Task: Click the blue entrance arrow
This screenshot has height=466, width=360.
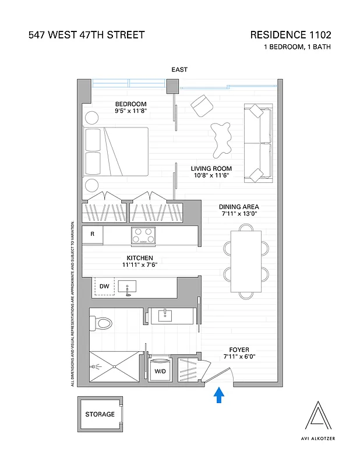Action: click(x=219, y=396)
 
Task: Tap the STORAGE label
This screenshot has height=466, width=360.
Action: click(x=100, y=415)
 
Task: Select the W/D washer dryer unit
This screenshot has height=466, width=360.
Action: click(x=158, y=370)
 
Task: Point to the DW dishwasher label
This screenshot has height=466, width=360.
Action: click(x=104, y=286)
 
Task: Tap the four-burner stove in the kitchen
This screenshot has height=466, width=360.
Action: click(x=143, y=235)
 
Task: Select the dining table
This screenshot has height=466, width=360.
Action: click(x=246, y=262)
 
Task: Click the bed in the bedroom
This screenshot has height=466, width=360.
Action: click(x=117, y=151)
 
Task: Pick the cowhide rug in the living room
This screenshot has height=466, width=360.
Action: click(x=221, y=138)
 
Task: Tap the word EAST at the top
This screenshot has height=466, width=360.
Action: click(x=179, y=70)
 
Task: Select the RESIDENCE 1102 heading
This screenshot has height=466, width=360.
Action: click(x=290, y=35)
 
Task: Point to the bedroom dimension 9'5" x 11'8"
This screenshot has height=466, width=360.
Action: click(x=130, y=111)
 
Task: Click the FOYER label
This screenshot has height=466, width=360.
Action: click(x=239, y=349)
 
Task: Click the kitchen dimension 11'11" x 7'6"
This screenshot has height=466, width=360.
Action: click(x=140, y=265)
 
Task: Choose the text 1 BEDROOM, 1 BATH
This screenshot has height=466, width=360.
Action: click(x=297, y=47)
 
